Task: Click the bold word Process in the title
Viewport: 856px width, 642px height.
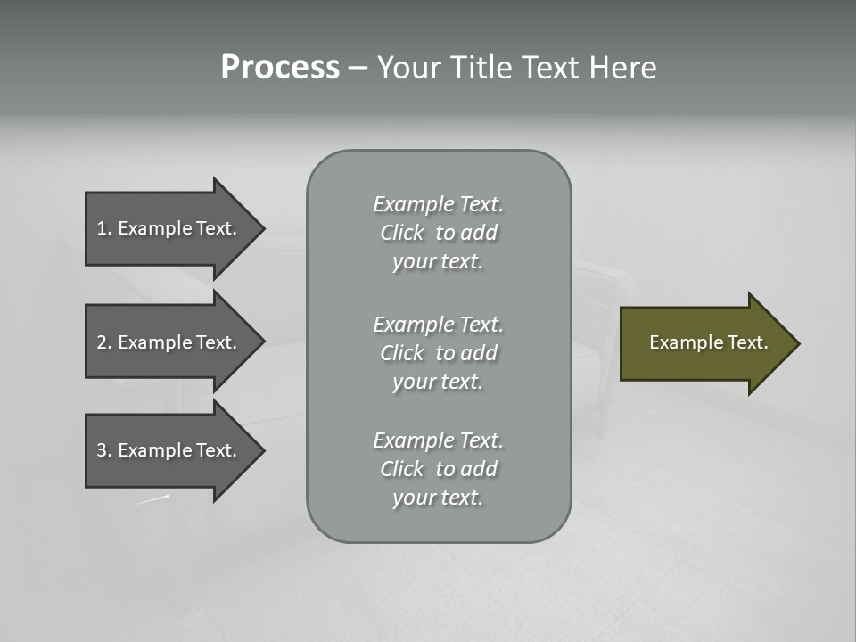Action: click(280, 68)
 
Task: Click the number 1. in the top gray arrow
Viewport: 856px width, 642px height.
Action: click(104, 228)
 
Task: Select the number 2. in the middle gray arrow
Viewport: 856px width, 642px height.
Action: click(104, 342)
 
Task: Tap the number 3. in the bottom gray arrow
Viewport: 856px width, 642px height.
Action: click(104, 450)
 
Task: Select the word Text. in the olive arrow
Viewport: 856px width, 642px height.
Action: click(744, 342)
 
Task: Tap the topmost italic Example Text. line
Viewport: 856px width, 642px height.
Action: click(438, 204)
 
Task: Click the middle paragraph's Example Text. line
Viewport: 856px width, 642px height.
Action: click(438, 325)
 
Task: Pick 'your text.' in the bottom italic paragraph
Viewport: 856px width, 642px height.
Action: click(438, 498)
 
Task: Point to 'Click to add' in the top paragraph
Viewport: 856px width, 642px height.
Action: click(438, 233)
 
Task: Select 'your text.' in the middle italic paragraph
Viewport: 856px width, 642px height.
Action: click(438, 382)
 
